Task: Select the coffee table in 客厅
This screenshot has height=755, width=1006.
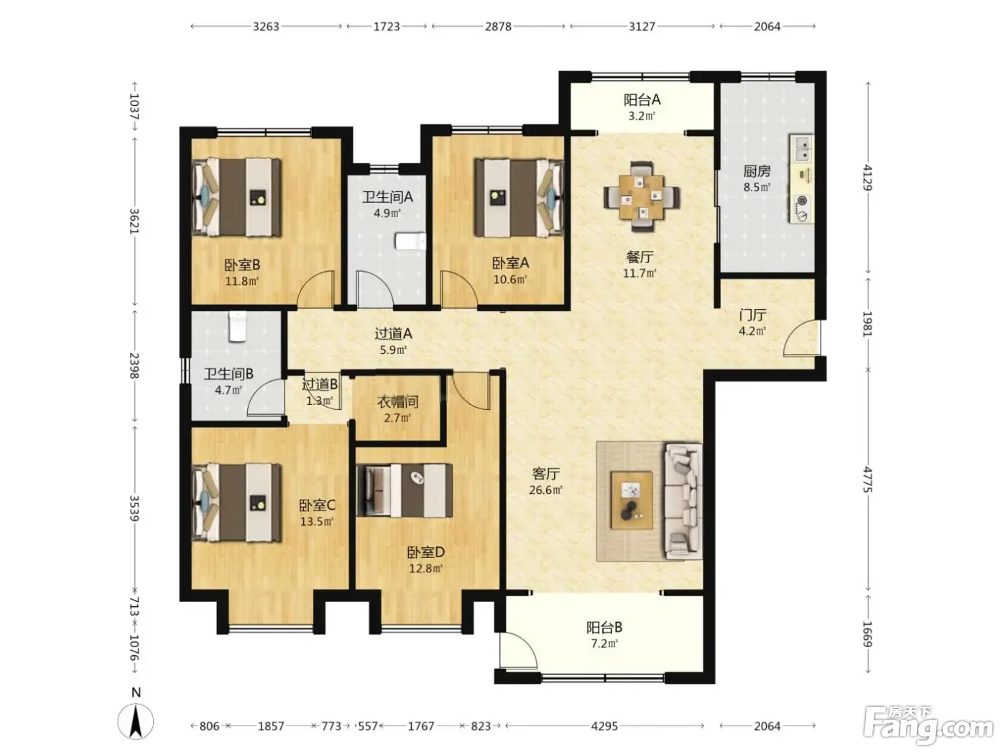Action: click(x=632, y=500)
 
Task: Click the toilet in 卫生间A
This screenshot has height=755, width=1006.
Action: click(x=410, y=241)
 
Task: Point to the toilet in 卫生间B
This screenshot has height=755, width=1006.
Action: click(x=237, y=326)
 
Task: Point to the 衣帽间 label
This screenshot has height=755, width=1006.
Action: click(x=397, y=402)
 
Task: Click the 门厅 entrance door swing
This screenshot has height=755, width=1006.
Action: click(x=801, y=338)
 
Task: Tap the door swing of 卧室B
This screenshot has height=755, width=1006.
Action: click(x=315, y=289)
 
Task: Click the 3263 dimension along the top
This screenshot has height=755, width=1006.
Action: click(x=266, y=27)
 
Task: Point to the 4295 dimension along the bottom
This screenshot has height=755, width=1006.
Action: click(x=604, y=726)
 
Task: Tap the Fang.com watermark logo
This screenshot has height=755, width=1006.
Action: click(x=928, y=726)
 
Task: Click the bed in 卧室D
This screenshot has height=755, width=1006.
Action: click(x=405, y=490)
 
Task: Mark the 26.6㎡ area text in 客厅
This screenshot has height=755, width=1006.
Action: click(x=545, y=490)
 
